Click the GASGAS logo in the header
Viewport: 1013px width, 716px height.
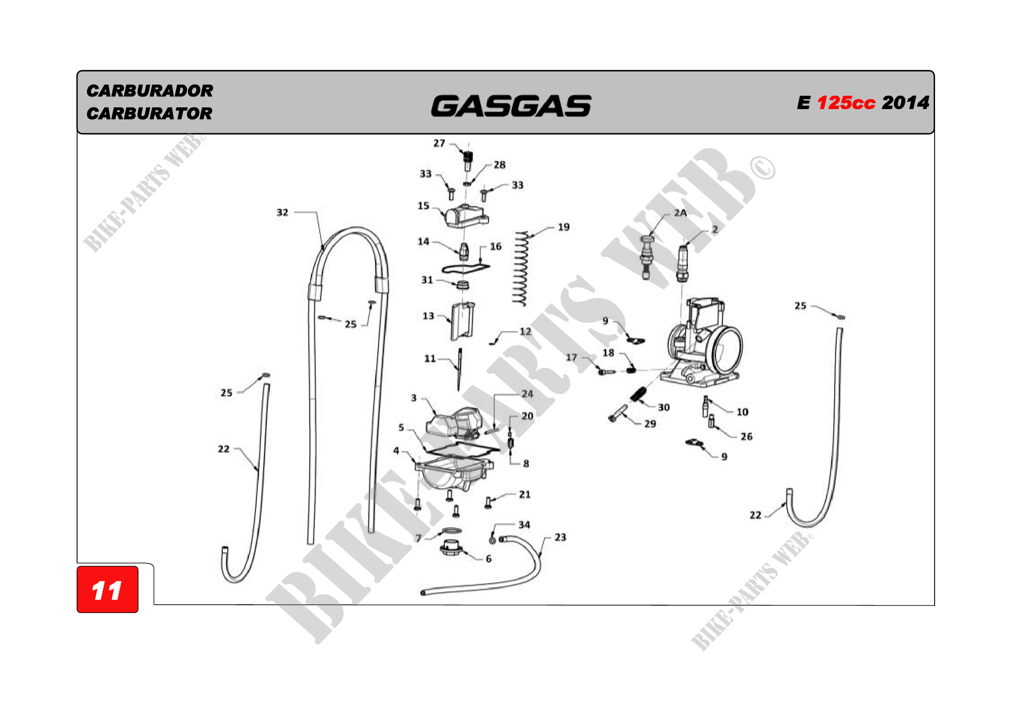tap(511, 106)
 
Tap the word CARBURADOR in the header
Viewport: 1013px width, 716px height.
tap(149, 91)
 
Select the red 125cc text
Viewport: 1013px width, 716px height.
tap(846, 103)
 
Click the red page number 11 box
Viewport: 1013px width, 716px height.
tap(108, 590)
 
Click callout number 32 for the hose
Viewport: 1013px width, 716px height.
tap(282, 213)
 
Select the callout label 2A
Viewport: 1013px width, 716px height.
tap(680, 213)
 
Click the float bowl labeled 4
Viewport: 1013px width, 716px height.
tap(453, 474)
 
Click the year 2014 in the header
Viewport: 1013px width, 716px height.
tap(905, 103)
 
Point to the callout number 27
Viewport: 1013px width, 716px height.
tap(439, 143)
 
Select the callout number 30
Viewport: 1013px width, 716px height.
tap(664, 407)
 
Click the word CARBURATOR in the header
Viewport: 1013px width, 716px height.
tap(149, 114)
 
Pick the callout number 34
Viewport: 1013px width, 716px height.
tap(524, 525)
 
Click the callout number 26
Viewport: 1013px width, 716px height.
tap(747, 436)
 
